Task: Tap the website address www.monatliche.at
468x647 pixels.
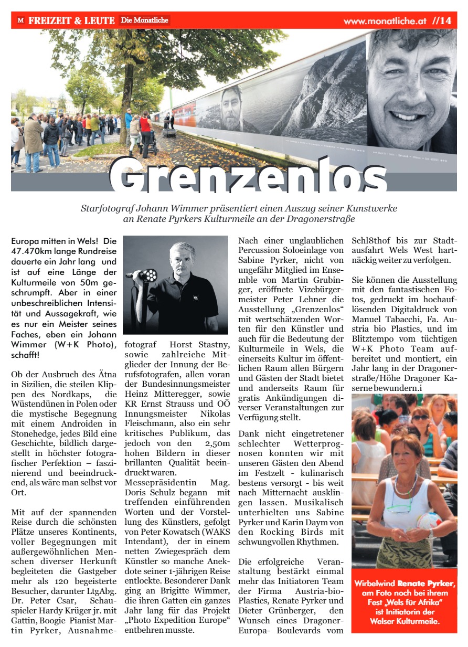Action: pos(385,22)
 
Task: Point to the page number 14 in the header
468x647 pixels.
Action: pos(445,21)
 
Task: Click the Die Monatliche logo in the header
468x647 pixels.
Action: pos(144,20)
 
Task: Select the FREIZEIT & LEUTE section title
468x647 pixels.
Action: pos(71,21)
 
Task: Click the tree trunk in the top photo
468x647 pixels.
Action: pos(124,113)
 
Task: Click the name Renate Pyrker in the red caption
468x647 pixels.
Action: pos(426,583)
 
